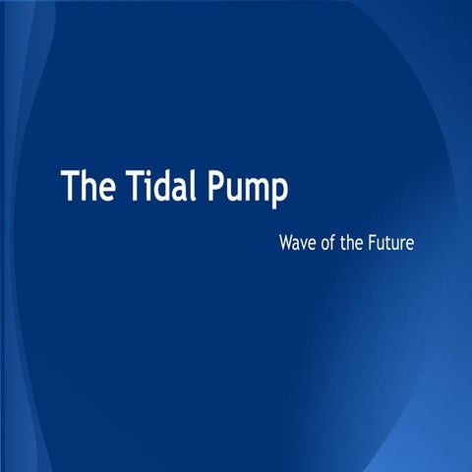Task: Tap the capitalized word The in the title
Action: point(88,186)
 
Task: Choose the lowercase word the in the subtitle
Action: point(355,240)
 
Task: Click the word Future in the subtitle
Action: point(393,240)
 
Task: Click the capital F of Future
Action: point(376,240)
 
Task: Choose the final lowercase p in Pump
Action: point(279,192)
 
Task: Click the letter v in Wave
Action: point(304,242)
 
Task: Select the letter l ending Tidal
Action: point(195,185)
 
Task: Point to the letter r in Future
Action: point(401,242)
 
